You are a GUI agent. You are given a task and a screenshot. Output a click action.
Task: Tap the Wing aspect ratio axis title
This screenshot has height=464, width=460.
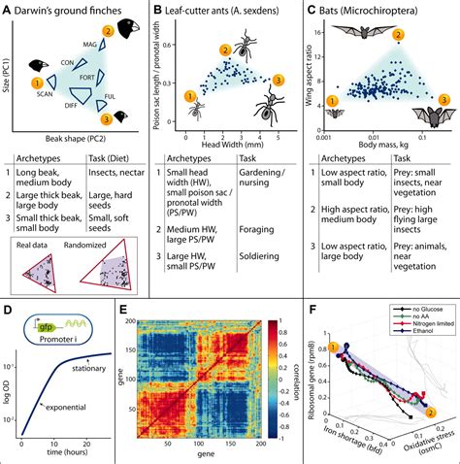tap(310, 71)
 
